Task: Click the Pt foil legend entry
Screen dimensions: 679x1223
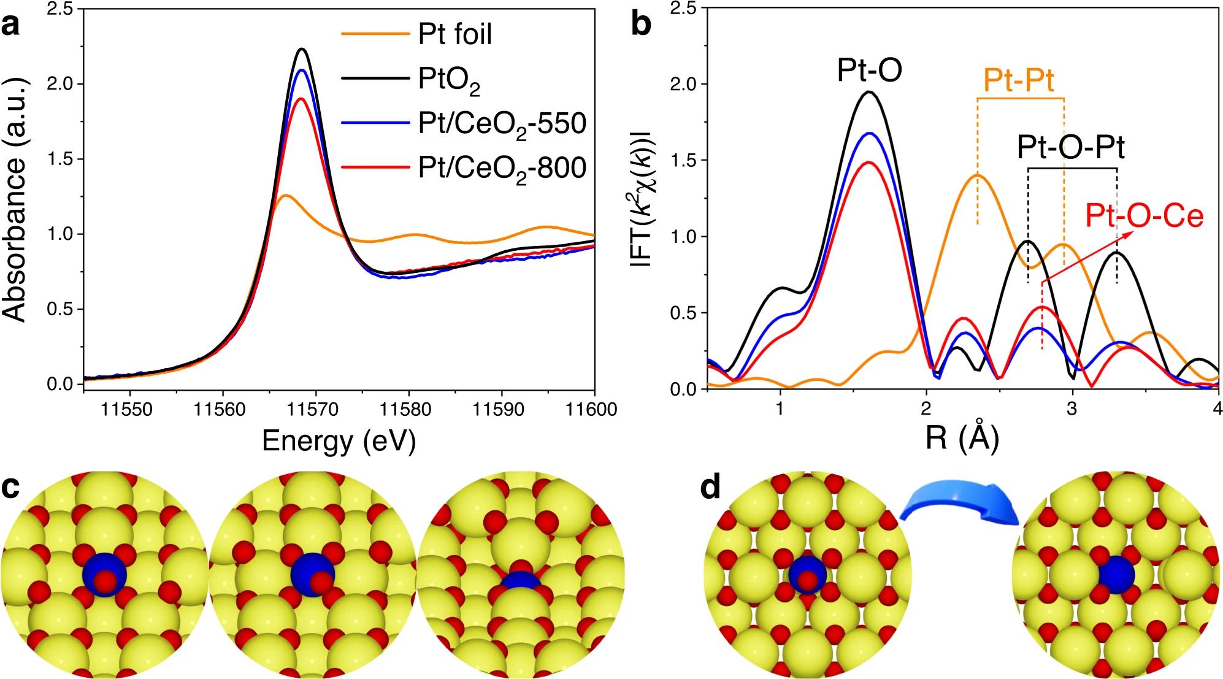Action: tap(454, 34)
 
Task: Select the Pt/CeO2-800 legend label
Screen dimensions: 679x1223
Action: tap(502, 168)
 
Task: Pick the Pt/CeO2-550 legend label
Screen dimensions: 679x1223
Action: tap(502, 124)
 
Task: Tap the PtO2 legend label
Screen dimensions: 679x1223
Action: tap(449, 80)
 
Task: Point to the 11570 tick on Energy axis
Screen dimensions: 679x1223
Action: tap(313, 409)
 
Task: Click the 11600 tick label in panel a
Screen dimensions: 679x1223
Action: tap(591, 409)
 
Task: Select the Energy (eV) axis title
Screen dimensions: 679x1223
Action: tap(339, 440)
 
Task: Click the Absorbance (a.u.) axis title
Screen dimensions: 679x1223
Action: tap(15, 199)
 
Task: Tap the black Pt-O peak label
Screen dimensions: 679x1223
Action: tap(869, 70)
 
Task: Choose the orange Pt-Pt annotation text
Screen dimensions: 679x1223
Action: tap(1018, 80)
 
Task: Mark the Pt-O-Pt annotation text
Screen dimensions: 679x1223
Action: tap(1070, 147)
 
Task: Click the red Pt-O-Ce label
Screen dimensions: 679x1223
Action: tap(1144, 216)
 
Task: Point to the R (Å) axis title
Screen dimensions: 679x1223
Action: tap(962, 438)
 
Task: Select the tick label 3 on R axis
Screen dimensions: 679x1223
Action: tap(1072, 409)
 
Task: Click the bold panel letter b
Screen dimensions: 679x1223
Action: tap(641, 25)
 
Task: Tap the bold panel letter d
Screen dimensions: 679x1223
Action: tap(710, 488)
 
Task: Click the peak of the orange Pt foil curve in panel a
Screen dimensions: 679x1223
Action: tap(285, 196)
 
